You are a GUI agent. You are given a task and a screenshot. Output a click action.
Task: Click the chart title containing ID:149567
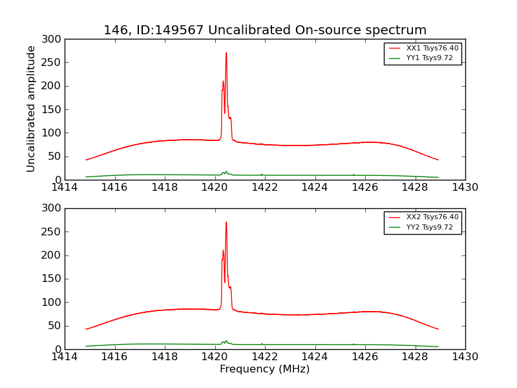[x=265, y=30]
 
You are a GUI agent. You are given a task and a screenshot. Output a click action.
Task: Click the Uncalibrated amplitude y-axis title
[x=31, y=109]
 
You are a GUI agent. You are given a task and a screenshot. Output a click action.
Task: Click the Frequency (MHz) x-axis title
[x=265, y=369]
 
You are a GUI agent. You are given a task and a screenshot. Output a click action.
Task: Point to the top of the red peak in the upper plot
[x=226, y=53]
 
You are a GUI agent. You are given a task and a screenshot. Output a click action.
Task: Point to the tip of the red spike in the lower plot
[x=226, y=222]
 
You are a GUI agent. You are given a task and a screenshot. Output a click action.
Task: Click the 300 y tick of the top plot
[x=53, y=39]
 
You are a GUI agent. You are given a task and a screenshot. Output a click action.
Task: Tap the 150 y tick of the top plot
[x=53, y=109]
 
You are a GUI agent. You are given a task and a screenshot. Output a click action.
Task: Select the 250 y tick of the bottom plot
[x=53, y=232]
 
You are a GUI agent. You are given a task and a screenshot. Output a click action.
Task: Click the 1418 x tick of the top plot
[x=165, y=188]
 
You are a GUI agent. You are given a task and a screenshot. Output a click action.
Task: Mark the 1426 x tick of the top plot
[x=365, y=188]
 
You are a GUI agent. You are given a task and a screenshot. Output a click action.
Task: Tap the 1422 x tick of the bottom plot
[x=265, y=356]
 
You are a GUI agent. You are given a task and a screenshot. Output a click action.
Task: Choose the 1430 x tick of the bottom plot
[x=465, y=356]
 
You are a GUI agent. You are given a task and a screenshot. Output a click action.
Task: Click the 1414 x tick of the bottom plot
[x=65, y=356]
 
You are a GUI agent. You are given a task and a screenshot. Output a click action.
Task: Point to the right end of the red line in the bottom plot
[x=438, y=329]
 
